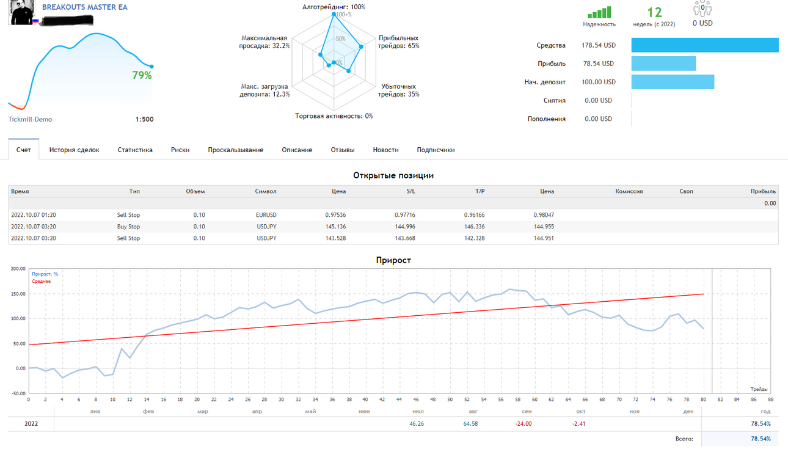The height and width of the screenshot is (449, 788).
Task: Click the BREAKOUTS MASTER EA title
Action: [85, 7]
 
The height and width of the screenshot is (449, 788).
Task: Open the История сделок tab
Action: [75, 150]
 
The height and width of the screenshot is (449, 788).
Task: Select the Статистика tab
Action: [135, 150]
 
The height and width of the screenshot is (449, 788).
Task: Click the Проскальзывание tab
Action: [236, 150]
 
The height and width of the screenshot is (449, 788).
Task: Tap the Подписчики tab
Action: [436, 150]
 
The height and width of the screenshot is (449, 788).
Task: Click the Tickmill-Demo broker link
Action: [30, 119]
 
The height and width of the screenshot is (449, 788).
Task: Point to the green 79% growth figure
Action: [142, 75]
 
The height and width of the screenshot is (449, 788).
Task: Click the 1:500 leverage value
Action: [145, 119]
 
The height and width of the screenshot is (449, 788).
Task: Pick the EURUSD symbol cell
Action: [266, 215]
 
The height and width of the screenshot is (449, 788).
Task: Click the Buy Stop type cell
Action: [128, 227]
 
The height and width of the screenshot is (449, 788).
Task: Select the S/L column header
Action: [411, 191]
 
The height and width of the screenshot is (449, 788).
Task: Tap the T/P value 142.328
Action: [474, 238]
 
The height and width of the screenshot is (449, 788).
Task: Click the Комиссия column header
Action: [629, 191]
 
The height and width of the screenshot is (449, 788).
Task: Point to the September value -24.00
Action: [524, 424]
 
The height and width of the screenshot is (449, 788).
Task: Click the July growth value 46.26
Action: [417, 424]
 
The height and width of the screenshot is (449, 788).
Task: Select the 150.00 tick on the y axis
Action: [18, 294]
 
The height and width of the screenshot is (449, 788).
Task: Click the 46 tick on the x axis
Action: [417, 400]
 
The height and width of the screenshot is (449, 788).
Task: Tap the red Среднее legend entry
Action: [41, 281]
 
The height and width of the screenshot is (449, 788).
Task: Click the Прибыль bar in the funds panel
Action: [663, 64]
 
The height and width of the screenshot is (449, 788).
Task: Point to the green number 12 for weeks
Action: [654, 13]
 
